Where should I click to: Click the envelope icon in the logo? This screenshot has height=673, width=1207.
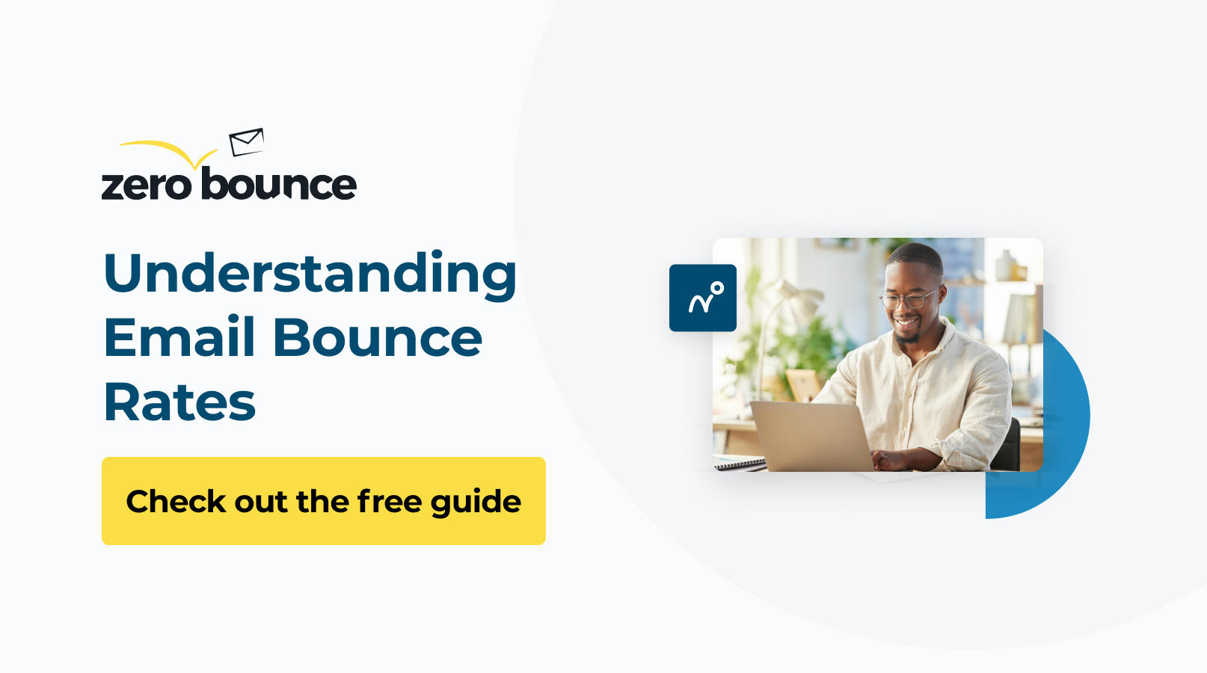[247, 141]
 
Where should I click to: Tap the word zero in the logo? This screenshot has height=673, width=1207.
[147, 185]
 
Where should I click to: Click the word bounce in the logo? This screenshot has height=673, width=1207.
[279, 184]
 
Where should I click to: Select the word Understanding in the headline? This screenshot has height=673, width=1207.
[310, 274]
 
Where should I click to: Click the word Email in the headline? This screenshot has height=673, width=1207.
[179, 338]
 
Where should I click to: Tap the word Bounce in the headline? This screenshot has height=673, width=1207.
[378, 338]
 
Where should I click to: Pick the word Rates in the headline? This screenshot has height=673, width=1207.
[179, 403]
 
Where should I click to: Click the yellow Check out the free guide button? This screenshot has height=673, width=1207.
[323, 501]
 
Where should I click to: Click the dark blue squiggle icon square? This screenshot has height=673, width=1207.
[703, 298]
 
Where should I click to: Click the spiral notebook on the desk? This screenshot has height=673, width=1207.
[740, 464]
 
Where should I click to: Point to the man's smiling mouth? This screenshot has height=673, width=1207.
[906, 322]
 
